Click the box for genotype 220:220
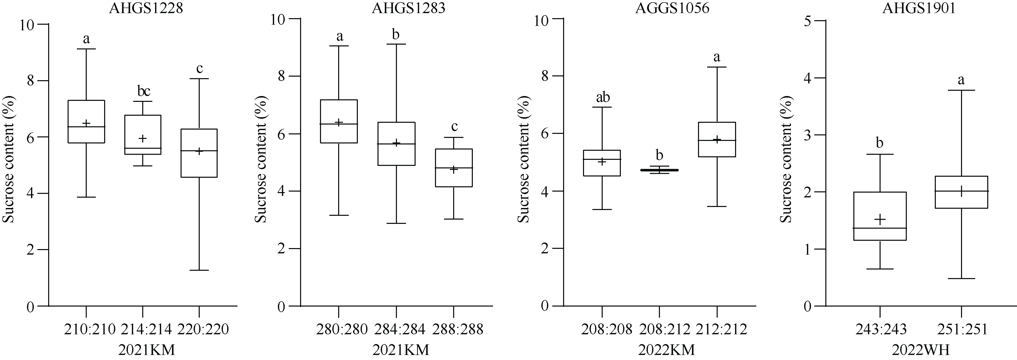[199, 153]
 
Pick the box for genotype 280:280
[339, 121]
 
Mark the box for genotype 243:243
[880, 216]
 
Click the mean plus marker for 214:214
[142, 138]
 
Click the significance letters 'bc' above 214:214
[144, 91]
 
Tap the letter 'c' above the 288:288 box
[454, 127]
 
